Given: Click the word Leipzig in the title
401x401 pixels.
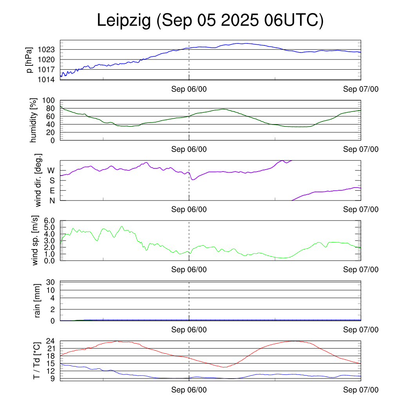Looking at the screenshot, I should click(124, 21).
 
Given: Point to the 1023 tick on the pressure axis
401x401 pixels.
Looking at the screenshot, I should click(49, 50).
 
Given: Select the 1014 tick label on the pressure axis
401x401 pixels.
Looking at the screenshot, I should click(49, 79).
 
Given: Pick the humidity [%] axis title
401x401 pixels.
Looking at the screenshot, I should click(34, 120).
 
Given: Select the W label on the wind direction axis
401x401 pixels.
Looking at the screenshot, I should click(51, 170).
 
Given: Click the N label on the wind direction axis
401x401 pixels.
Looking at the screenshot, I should click(52, 200).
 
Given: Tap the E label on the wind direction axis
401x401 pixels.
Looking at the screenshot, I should click(52, 190).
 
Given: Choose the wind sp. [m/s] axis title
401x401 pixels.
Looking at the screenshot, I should click(36, 240).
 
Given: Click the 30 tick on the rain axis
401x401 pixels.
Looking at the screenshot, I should click(51, 282).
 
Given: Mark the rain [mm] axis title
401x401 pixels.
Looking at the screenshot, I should click(38, 301).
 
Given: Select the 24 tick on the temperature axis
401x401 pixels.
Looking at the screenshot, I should click(51, 341).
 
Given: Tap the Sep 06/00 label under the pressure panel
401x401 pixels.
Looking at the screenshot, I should click(189, 89).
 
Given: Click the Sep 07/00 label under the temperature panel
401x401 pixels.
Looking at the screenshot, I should click(361, 390).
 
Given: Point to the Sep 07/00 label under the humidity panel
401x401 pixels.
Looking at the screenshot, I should click(361, 149).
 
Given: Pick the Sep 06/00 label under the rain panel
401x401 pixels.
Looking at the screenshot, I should click(189, 330).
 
